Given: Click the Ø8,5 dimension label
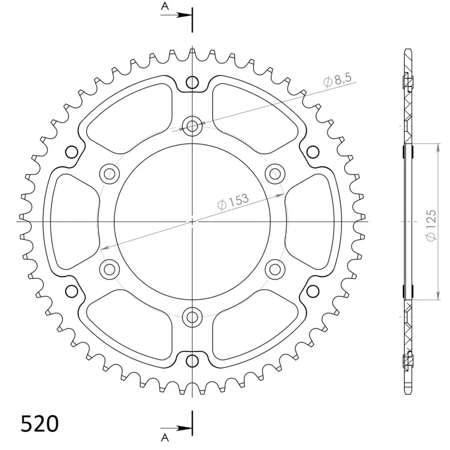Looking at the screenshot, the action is coord(337,79).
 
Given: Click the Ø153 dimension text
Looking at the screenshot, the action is coord(233,201).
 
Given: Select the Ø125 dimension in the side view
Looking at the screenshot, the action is coord(431,226).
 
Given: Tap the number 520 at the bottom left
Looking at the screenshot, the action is coord(39,424).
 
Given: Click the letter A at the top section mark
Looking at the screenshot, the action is coord(165,6).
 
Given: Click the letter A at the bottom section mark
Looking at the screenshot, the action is coord(165,438).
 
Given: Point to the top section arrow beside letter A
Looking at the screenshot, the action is coord(176,15).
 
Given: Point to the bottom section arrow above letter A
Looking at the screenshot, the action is coord(176,429).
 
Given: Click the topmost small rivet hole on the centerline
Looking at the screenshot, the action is coord(192,82).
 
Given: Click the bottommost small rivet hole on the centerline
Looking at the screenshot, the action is coord(192,361).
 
